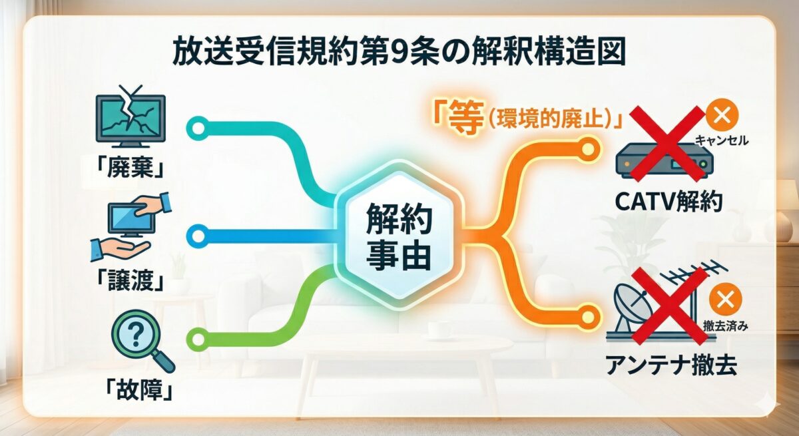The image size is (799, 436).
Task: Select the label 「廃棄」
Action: pos(130,168)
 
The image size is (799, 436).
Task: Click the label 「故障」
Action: pos(130,388)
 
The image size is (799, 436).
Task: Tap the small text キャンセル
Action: pos(722,140)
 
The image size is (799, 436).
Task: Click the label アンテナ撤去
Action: pos(668,365)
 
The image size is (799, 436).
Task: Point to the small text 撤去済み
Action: pos(722,326)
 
